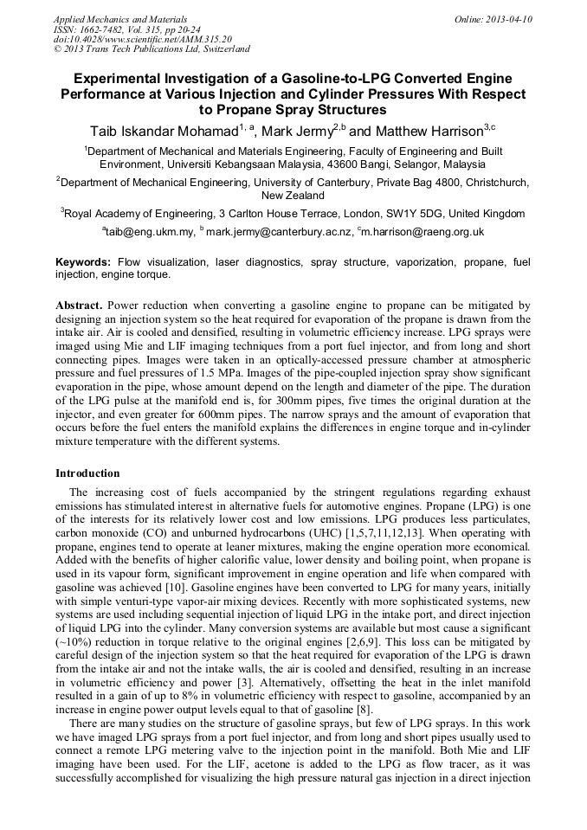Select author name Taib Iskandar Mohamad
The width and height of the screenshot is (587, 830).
pos(162,132)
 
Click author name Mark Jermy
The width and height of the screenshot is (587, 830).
pos(287,132)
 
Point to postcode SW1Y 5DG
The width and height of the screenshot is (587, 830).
pos(414,214)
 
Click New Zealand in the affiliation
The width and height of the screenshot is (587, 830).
pos(293,196)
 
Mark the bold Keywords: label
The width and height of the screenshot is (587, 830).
pos(83,261)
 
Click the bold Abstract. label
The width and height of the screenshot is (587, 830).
pos(79,306)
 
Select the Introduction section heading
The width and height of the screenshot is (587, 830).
pos(87,473)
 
